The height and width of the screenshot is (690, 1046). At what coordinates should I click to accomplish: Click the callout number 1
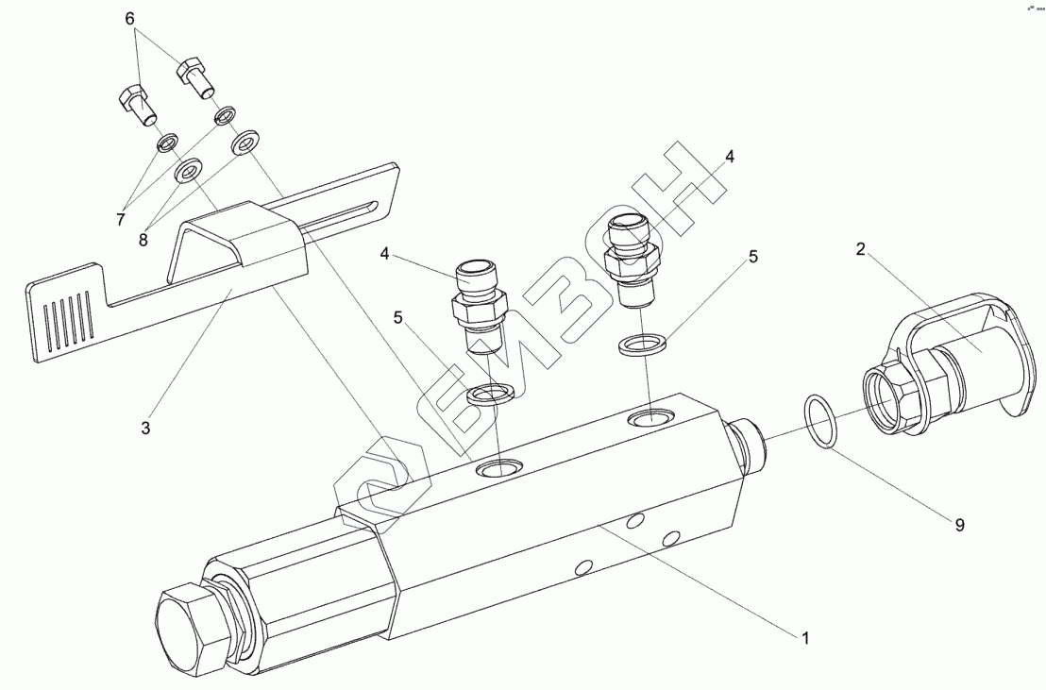pyautogui.click(x=805, y=638)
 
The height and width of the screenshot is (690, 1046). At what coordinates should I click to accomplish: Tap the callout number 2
pyautogui.click(x=860, y=250)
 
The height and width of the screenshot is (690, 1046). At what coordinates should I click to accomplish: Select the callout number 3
pyautogui.click(x=145, y=428)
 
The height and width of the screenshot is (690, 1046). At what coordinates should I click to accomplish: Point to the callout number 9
pyautogui.click(x=959, y=525)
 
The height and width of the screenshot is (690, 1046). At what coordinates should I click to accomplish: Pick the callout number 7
pyautogui.click(x=121, y=220)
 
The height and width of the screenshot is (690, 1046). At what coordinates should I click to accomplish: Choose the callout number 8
pyautogui.click(x=143, y=241)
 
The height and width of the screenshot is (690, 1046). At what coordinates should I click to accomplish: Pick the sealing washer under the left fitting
pyautogui.click(x=491, y=395)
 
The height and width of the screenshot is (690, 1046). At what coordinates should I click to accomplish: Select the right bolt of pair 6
pyautogui.click(x=197, y=76)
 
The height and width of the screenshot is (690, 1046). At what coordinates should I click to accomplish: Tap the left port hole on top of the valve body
pyautogui.click(x=499, y=467)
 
